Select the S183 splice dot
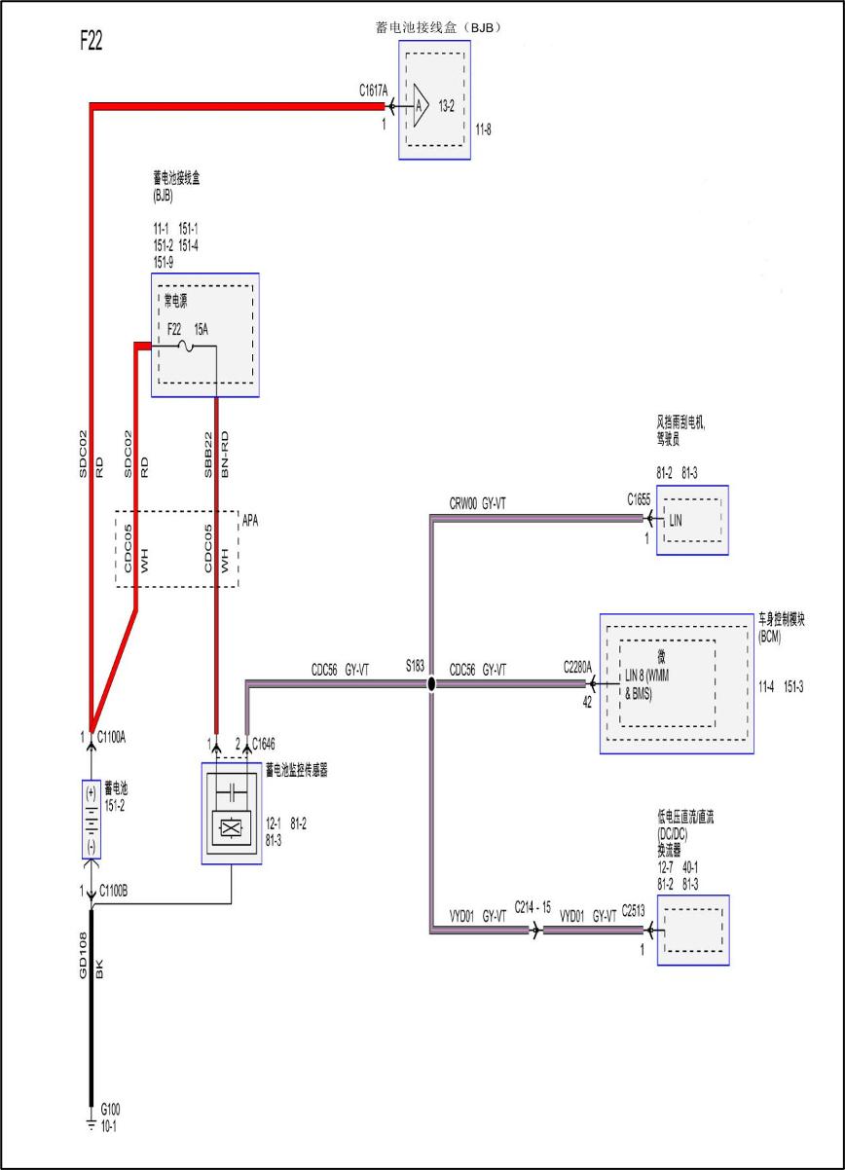click(x=431, y=684)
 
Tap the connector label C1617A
click(x=372, y=91)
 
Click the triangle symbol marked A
click(x=420, y=106)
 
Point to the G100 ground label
click(x=110, y=1109)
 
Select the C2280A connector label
click(x=577, y=668)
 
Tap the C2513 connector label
click(x=636, y=915)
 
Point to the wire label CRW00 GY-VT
click(x=477, y=503)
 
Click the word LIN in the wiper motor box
click(x=677, y=521)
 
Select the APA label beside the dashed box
click(x=250, y=521)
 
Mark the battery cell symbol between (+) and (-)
click(x=91, y=819)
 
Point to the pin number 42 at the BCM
click(x=587, y=701)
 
